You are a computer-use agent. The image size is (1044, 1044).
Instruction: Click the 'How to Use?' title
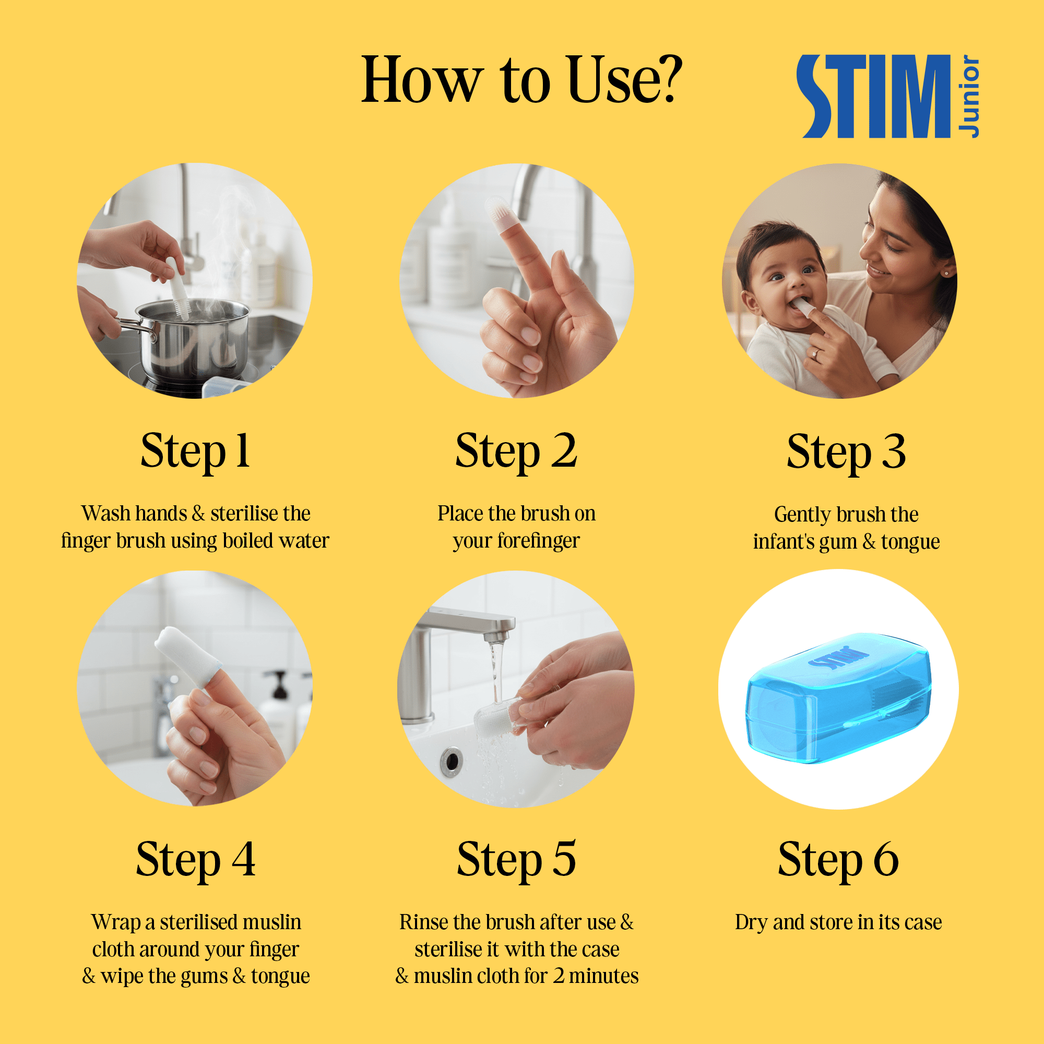pyautogui.click(x=522, y=80)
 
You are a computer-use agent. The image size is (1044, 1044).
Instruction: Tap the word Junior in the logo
pyautogui.click(x=968, y=96)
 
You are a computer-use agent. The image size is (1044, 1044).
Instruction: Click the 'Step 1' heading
pyautogui.click(x=196, y=452)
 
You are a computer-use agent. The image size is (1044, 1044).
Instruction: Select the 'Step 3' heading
pyautogui.click(x=846, y=453)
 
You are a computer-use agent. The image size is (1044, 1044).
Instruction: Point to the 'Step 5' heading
pyautogui.click(x=517, y=860)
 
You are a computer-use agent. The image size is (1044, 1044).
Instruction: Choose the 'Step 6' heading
pyautogui.click(x=838, y=860)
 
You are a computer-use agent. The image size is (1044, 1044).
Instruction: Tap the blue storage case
pyautogui.click(x=838, y=697)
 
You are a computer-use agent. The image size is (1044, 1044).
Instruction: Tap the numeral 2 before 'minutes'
pyautogui.click(x=559, y=977)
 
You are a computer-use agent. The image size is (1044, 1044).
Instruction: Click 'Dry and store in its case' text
pyautogui.click(x=838, y=922)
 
